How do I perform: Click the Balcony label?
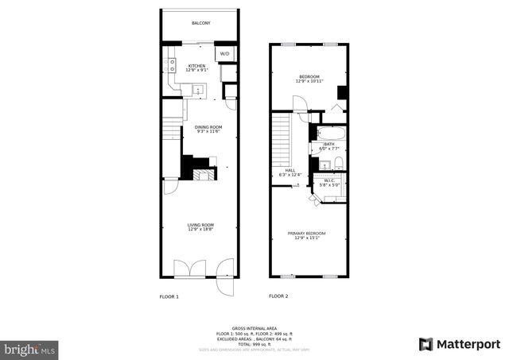(200, 23)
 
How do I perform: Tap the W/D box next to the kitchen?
(225, 54)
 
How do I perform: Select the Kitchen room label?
(196, 66)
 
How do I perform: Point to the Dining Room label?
(208, 127)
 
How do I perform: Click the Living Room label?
(199, 225)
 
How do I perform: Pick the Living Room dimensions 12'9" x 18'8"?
(199, 230)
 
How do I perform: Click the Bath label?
(328, 144)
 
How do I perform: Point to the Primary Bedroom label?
(306, 233)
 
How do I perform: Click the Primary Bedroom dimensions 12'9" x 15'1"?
(306, 238)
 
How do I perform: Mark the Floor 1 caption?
(170, 296)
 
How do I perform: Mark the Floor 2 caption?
(278, 296)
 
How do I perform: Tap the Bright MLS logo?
(30, 348)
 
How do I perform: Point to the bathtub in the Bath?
(329, 132)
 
